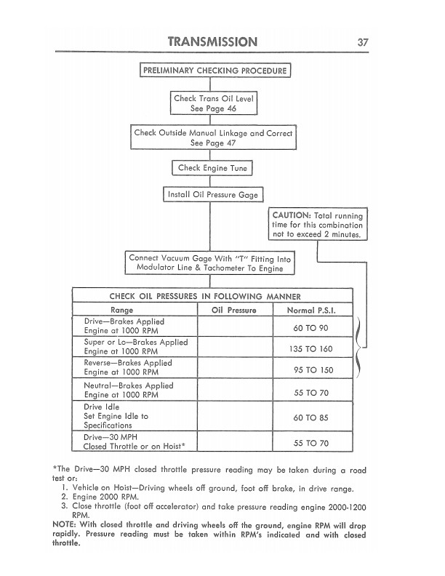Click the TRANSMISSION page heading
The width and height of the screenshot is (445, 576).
point(212,41)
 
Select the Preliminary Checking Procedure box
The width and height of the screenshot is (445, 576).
point(215,71)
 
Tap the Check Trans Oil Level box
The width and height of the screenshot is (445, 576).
point(215,103)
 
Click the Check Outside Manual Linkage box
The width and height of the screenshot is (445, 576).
point(213,138)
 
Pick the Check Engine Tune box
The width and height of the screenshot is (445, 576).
point(212,169)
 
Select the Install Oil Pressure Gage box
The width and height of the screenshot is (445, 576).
point(212,195)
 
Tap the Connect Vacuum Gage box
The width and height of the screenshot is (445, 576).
point(210,263)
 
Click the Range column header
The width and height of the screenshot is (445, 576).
point(135,310)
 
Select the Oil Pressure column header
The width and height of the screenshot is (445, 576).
point(233,310)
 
